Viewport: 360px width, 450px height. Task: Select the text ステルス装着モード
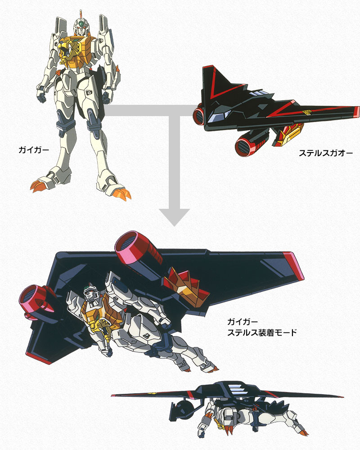[x=262, y=333]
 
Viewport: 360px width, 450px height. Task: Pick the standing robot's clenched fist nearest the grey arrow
[x=108, y=96]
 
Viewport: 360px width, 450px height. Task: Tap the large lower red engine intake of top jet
[x=244, y=144]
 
